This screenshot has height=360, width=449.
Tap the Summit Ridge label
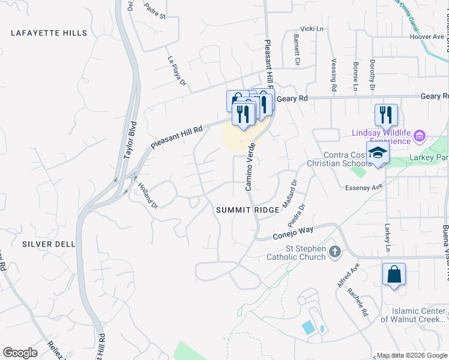(x=247, y=210)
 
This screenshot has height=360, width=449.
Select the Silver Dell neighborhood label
(x=48, y=244)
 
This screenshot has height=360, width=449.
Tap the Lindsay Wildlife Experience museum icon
(x=419, y=136)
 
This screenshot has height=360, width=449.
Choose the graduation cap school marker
(x=378, y=154)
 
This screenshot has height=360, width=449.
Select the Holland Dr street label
(x=147, y=195)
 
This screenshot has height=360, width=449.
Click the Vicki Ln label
(x=312, y=29)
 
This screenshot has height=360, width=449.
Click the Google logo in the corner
(x=20, y=353)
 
